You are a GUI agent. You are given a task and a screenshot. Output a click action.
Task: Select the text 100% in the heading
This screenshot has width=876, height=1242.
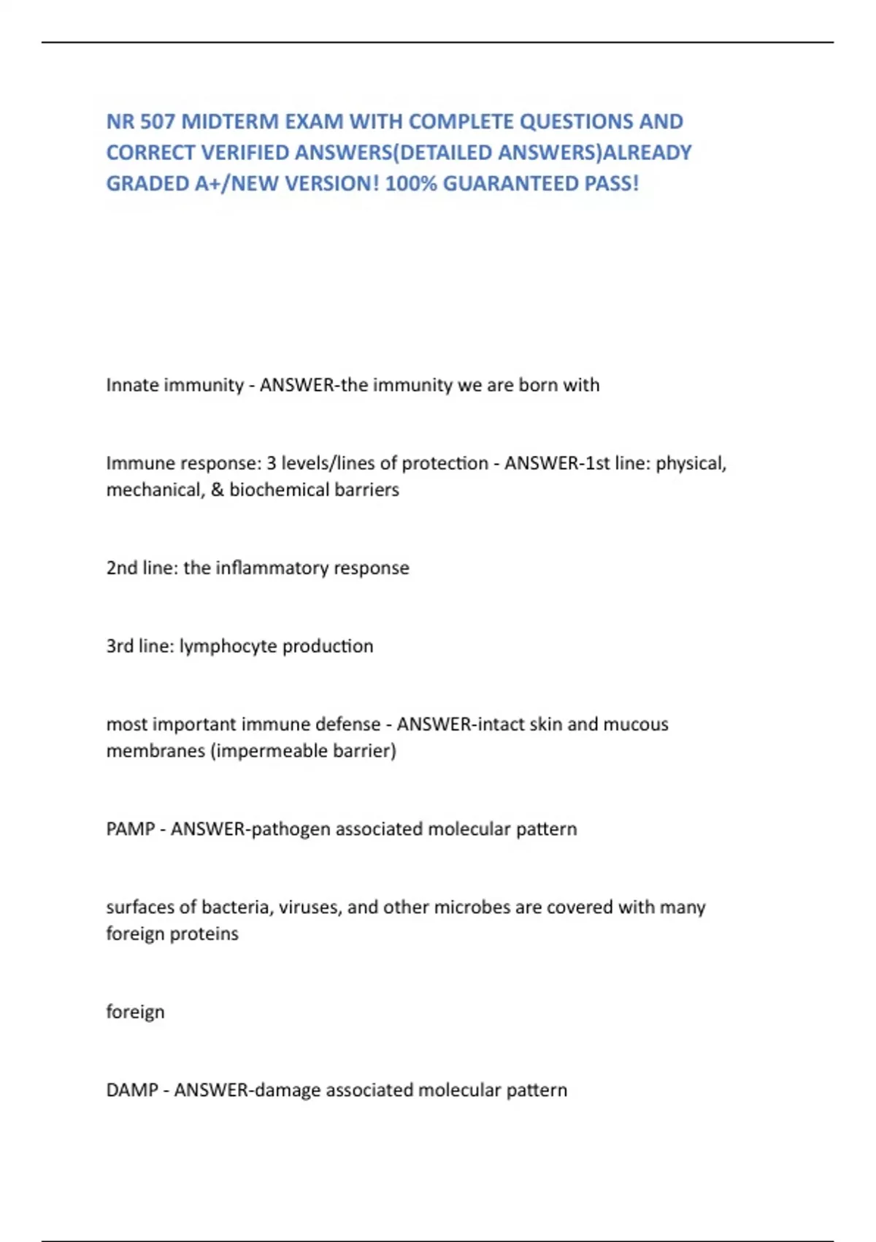[411, 183]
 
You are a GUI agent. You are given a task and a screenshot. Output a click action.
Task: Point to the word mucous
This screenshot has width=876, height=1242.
[636, 724]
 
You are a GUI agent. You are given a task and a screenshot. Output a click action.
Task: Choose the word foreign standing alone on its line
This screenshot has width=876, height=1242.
[135, 1013]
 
